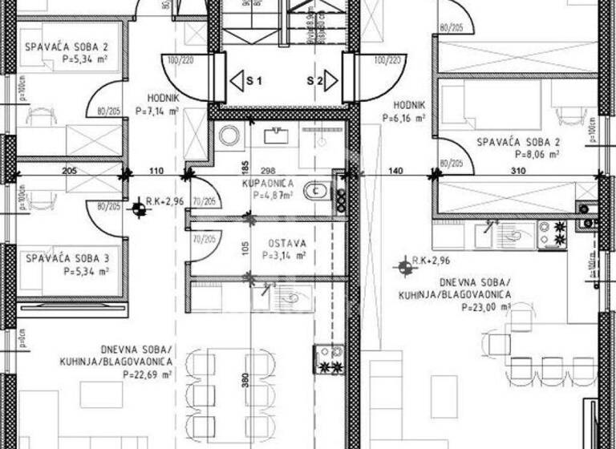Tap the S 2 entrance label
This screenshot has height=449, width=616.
pyautogui.click(x=314, y=81)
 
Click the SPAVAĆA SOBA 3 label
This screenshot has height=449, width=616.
pyautogui.click(x=67, y=259)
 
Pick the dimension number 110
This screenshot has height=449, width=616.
pyautogui.click(x=156, y=171)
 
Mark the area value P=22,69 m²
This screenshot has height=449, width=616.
pyautogui.click(x=148, y=374)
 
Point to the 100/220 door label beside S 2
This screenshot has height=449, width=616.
pyautogui.click(x=389, y=60)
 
